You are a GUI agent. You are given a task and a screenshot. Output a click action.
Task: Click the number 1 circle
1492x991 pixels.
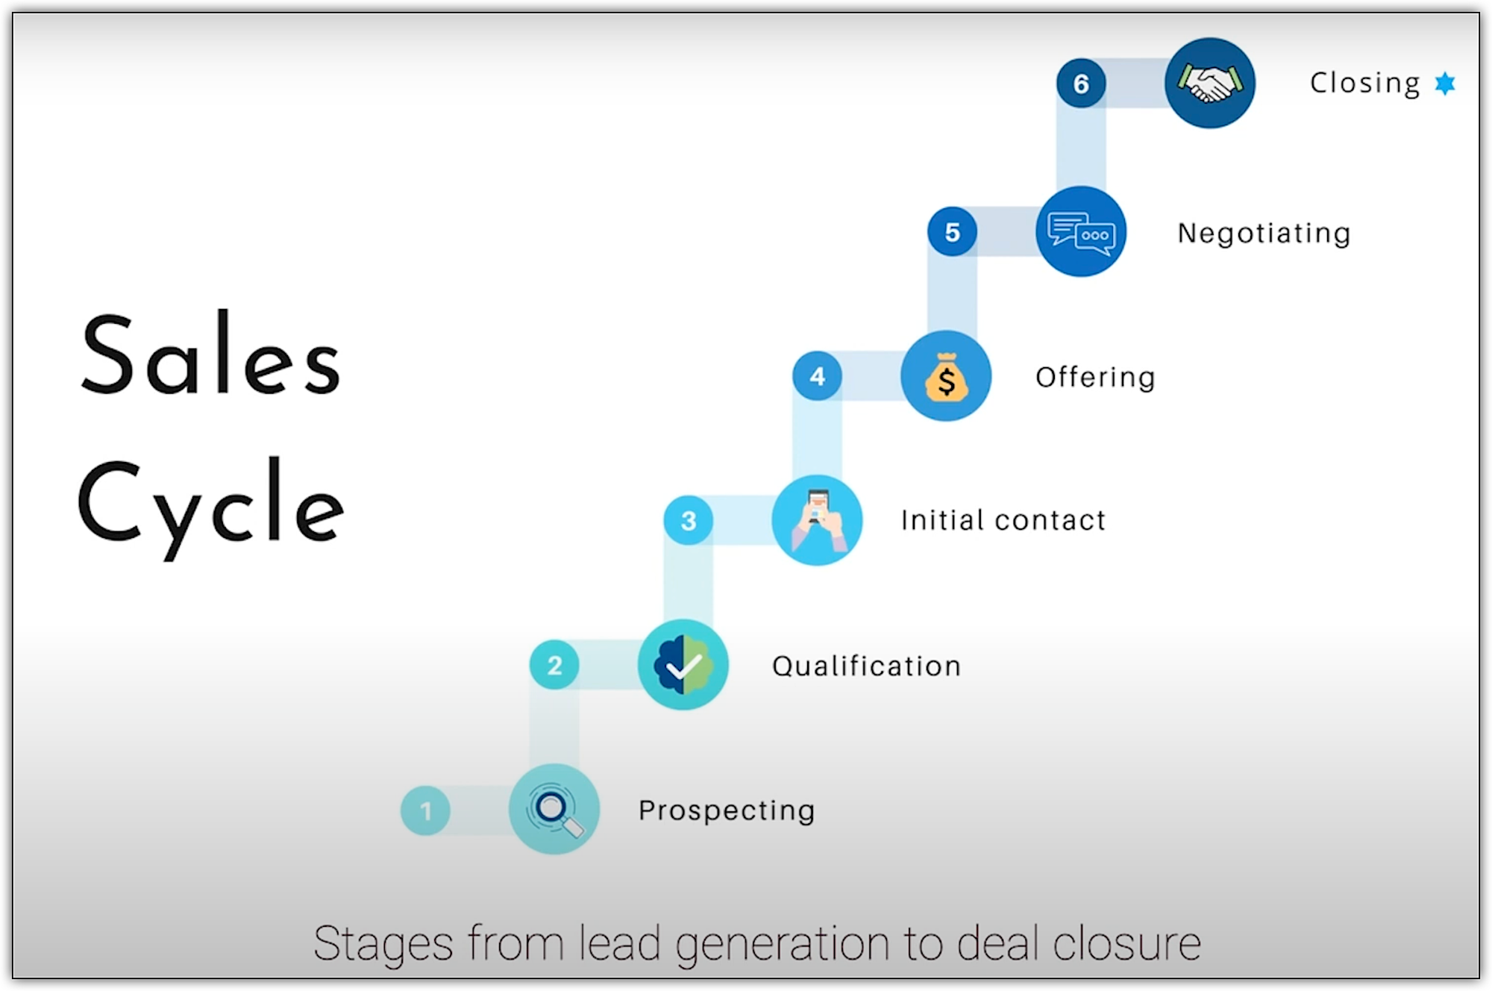(425, 810)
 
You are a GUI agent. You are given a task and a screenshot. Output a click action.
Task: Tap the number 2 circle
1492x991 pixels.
(554, 665)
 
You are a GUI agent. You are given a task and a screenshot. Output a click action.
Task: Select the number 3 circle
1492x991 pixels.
(688, 520)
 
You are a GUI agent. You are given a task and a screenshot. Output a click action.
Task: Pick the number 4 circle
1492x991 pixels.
(817, 376)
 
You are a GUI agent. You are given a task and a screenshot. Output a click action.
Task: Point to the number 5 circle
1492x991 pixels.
(952, 232)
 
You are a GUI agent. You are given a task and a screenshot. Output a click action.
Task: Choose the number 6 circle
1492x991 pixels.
(1081, 84)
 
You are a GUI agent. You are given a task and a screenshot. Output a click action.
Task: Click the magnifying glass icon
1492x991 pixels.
(554, 810)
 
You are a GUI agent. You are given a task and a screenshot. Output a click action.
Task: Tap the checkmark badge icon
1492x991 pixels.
(683, 665)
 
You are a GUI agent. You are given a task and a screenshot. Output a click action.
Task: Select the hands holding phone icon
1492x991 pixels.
(817, 520)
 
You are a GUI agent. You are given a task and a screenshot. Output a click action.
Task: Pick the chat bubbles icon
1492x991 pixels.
(1081, 232)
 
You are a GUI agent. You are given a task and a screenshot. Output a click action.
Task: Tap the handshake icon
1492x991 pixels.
(1209, 83)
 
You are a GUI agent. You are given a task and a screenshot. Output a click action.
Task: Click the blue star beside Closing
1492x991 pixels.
(1445, 83)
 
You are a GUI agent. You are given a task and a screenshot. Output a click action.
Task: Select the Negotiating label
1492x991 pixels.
(1264, 234)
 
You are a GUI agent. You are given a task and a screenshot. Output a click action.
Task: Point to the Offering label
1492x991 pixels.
(1094, 378)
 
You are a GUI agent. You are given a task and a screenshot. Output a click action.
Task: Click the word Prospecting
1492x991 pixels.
(727, 810)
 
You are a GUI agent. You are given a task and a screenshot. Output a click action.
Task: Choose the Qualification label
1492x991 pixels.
(866, 666)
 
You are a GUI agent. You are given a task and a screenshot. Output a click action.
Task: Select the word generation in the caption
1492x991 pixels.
(782, 944)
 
